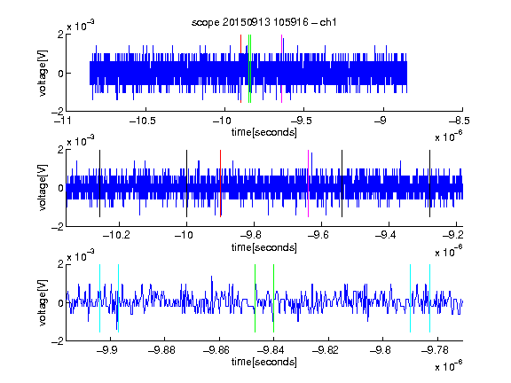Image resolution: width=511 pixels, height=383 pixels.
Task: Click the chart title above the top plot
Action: tap(263, 22)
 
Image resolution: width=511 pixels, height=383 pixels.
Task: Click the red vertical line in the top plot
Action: tap(240, 69)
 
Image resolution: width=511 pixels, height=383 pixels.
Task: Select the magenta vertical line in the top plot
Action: tap(281, 69)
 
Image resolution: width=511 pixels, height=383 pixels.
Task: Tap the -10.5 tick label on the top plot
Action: tap(143, 121)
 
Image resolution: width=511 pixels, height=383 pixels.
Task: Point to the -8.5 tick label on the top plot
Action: tap(459, 121)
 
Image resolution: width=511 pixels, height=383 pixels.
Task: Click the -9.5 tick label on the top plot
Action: tap(301, 121)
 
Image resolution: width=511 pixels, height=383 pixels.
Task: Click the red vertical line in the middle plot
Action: tap(221, 184)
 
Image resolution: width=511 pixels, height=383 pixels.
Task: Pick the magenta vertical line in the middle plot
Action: tap(309, 184)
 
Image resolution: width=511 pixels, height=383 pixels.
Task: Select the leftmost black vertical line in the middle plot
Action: tap(99, 184)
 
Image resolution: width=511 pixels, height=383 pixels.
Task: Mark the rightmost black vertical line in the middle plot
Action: tap(429, 184)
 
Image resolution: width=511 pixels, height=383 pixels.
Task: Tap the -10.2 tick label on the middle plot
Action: tap(116, 235)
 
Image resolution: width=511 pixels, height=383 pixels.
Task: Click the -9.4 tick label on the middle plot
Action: tap(386, 235)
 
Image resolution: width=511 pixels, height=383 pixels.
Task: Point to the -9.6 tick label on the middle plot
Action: tap(318, 235)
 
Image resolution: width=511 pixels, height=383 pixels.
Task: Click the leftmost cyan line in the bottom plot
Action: tap(99, 298)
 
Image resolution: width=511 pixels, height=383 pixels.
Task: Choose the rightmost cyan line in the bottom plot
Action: tap(429, 298)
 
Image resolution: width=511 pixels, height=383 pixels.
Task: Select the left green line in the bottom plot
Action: tap(255, 298)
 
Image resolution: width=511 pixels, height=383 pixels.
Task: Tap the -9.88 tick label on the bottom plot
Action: tap(162, 350)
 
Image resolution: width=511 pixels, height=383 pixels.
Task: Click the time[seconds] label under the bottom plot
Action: tap(264, 362)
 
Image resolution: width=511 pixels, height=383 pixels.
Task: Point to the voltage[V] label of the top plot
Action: tap(43, 73)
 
